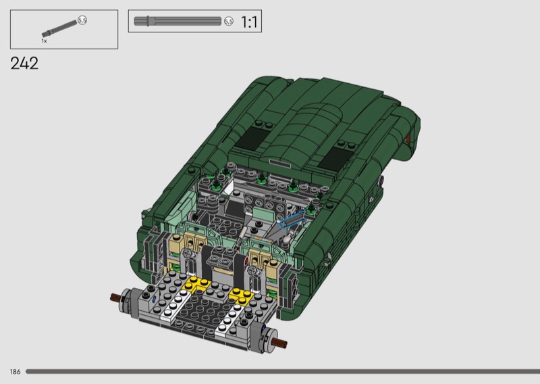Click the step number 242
tap(24, 64)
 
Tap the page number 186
tap(15, 372)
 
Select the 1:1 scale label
tap(249, 22)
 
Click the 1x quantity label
tap(44, 41)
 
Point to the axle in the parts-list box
tap(59, 28)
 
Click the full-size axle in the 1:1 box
tap(178, 21)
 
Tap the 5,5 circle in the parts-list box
tap(82, 20)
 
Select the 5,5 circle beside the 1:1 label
tap(229, 22)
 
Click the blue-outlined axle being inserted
tap(292, 220)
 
